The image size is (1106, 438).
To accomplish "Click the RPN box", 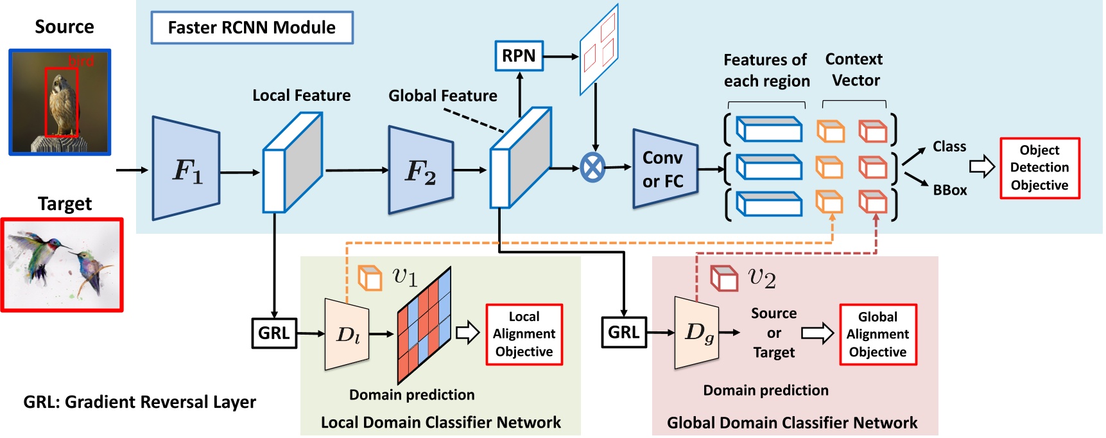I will [519, 56].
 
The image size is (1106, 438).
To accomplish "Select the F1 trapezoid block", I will [186, 169].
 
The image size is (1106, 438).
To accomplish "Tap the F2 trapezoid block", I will [420, 170].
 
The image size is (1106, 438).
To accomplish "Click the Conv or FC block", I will [664, 169].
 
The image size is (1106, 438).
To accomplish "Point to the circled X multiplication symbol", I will [592, 168].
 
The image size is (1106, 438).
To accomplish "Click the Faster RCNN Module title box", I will [252, 28].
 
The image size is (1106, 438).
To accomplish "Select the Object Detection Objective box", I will [1039, 168].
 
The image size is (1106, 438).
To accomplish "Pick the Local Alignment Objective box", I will [524, 334].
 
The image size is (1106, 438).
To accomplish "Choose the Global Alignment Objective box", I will [877, 335].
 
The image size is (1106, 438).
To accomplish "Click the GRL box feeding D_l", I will [273, 333].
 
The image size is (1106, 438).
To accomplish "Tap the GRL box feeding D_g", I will [623, 332].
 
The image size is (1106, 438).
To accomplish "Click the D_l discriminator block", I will [347, 334].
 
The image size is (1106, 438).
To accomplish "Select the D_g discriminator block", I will [696, 333].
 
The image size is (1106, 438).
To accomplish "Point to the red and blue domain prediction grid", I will [424, 325].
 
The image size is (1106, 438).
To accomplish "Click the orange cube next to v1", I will [370, 278].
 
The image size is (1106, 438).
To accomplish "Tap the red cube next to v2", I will [724, 278].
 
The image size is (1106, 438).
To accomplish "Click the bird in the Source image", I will [62, 103].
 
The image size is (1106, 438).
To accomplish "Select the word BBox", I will [949, 190].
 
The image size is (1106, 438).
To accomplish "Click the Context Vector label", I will [854, 69].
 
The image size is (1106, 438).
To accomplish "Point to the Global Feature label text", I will [442, 96].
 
